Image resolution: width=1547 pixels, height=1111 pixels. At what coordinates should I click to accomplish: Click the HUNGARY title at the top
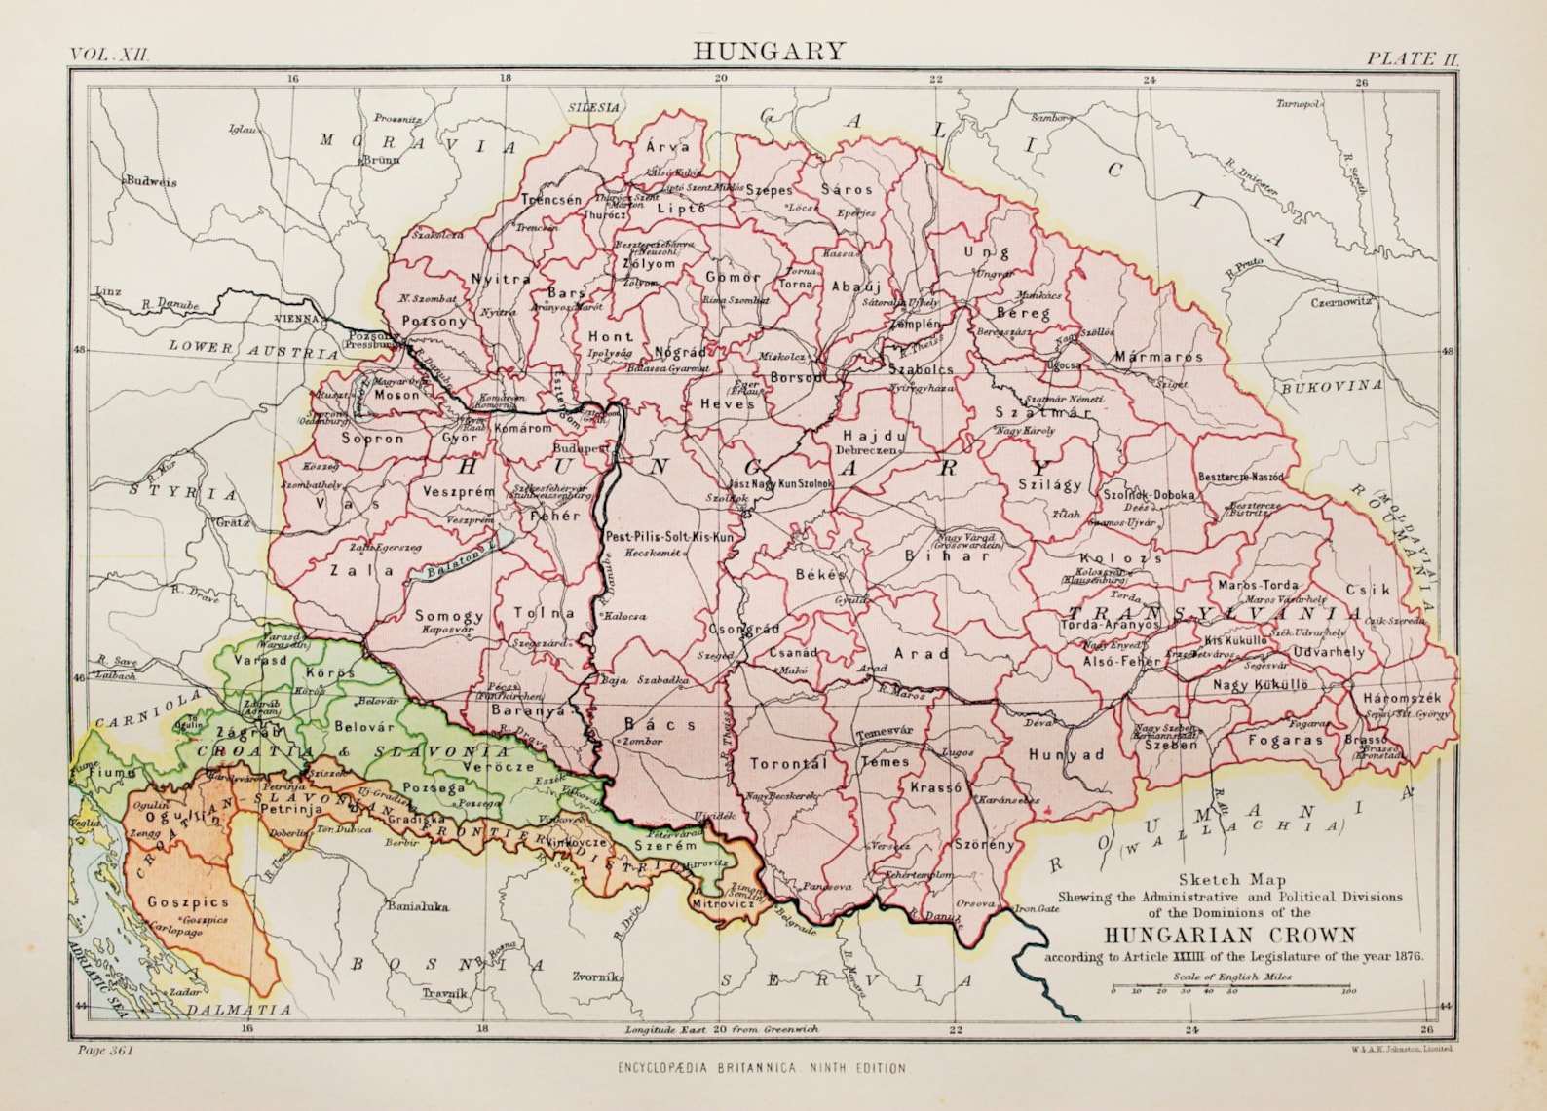(770, 51)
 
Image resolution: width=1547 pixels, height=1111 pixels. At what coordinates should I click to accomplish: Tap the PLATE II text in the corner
(1413, 57)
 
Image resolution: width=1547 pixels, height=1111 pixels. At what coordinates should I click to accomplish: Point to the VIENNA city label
(298, 318)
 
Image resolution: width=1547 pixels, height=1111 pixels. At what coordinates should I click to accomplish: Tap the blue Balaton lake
(458, 561)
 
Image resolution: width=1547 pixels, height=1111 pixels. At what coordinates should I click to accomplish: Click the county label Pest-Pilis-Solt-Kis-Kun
(669, 537)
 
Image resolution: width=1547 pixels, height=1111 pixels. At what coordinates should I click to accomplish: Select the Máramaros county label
(1159, 357)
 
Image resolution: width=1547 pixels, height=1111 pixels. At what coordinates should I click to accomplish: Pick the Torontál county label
(788, 763)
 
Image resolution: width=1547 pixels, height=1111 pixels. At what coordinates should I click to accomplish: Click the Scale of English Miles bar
(1228, 988)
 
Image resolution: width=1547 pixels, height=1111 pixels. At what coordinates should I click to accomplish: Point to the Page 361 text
(102, 1051)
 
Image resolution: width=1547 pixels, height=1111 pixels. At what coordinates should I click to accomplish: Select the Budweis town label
(151, 181)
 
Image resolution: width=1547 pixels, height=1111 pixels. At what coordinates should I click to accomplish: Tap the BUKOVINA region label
(1331, 386)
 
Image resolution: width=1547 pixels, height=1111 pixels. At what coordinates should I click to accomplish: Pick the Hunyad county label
(1066, 754)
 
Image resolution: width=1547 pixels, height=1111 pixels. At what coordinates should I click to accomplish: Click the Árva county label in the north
(668, 147)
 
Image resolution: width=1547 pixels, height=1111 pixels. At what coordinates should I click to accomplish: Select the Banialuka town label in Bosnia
(418, 906)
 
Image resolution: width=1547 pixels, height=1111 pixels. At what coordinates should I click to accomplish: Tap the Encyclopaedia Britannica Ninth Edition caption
(761, 1068)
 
